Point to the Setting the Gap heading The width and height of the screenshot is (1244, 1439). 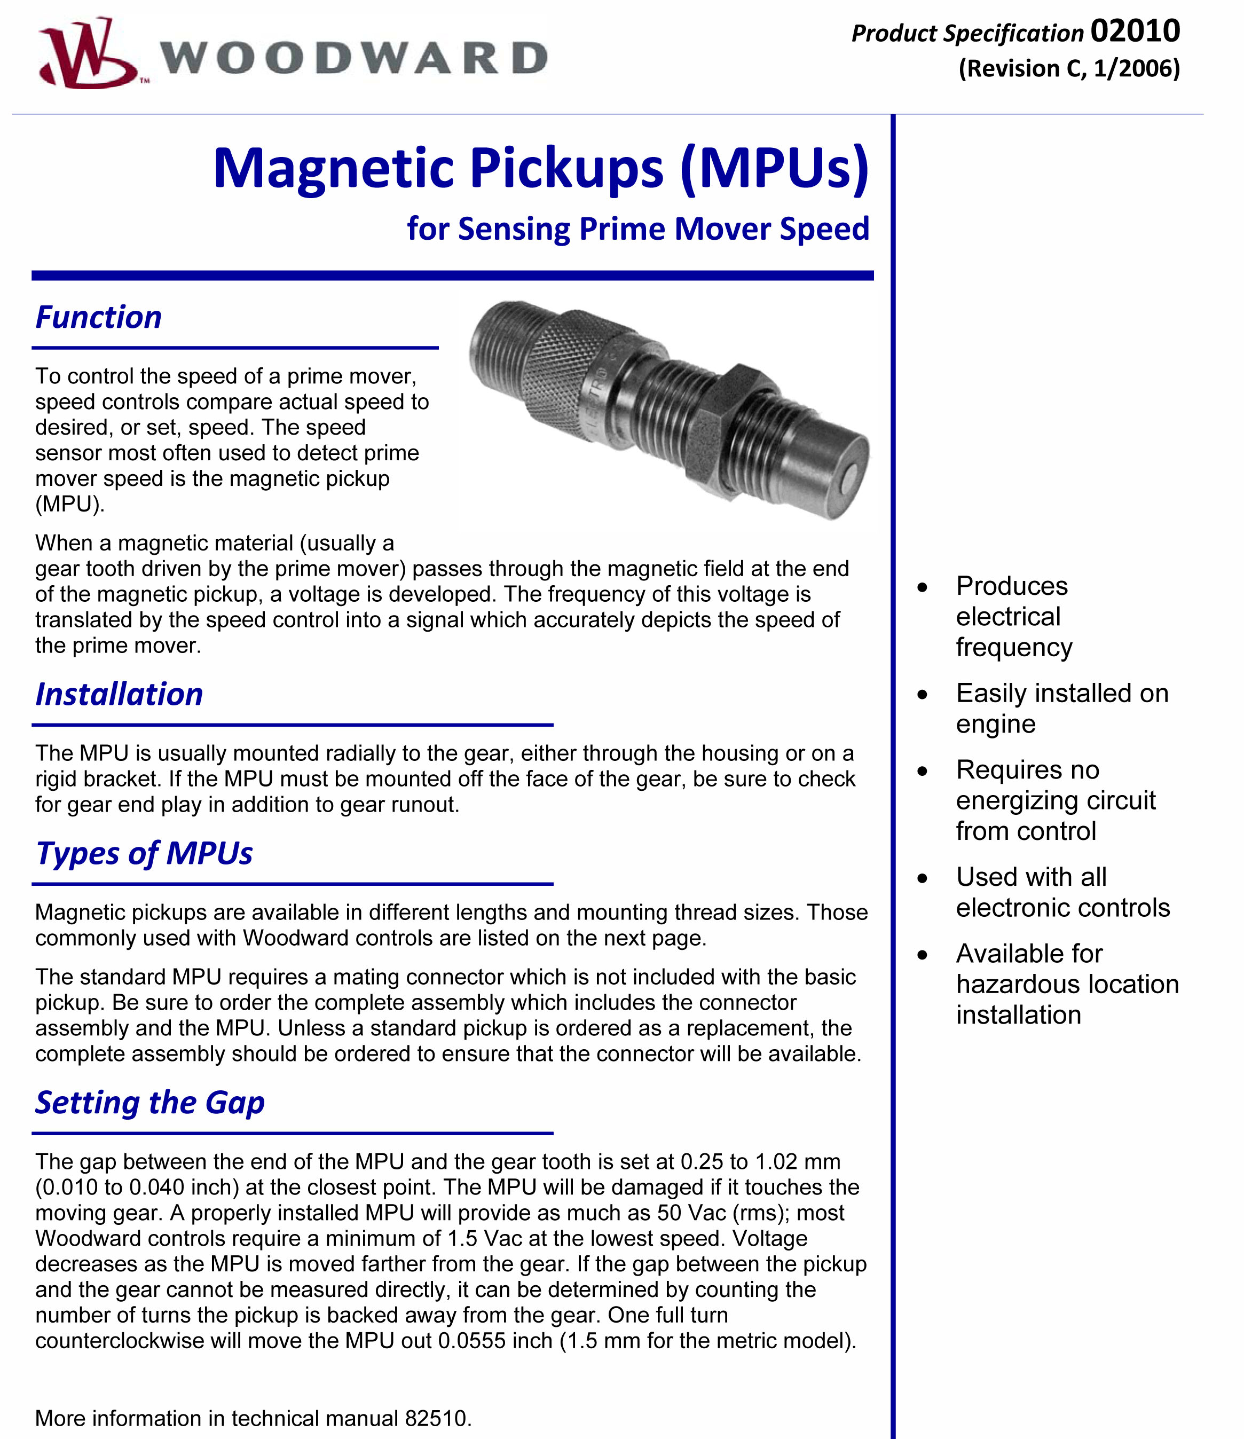click(x=150, y=1102)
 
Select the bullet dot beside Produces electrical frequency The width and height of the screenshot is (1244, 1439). click(x=923, y=587)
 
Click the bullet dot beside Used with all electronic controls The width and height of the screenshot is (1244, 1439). click(x=923, y=878)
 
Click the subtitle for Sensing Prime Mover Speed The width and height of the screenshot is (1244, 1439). click(x=637, y=229)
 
